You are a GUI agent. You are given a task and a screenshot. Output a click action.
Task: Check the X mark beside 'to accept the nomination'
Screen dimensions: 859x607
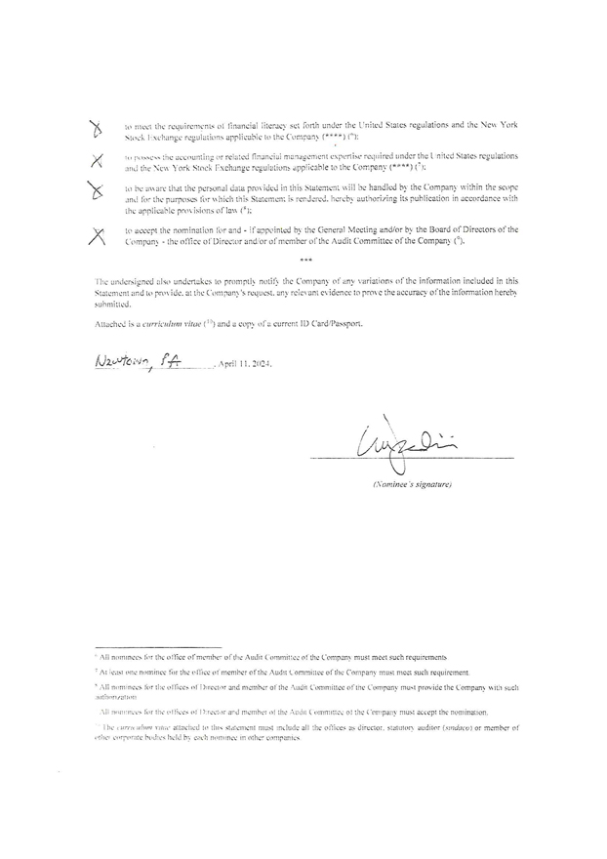97,233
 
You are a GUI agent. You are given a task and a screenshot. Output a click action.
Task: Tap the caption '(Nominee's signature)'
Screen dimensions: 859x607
410,484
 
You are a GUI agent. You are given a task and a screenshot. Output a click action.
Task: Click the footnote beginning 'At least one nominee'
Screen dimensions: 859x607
284,673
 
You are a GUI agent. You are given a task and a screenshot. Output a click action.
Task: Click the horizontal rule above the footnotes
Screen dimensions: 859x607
158,646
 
